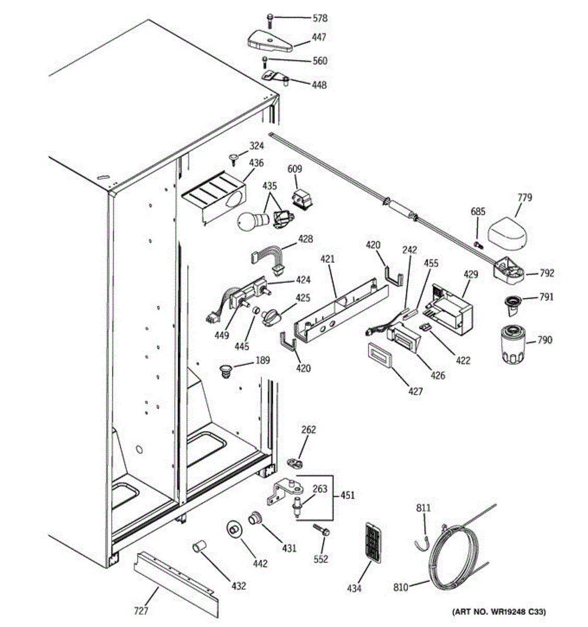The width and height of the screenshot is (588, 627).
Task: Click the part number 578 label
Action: [320, 18]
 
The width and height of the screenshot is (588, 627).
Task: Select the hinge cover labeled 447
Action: [269, 40]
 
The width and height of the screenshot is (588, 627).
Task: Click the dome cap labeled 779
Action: [508, 230]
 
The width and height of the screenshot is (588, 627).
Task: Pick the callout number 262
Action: [309, 430]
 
